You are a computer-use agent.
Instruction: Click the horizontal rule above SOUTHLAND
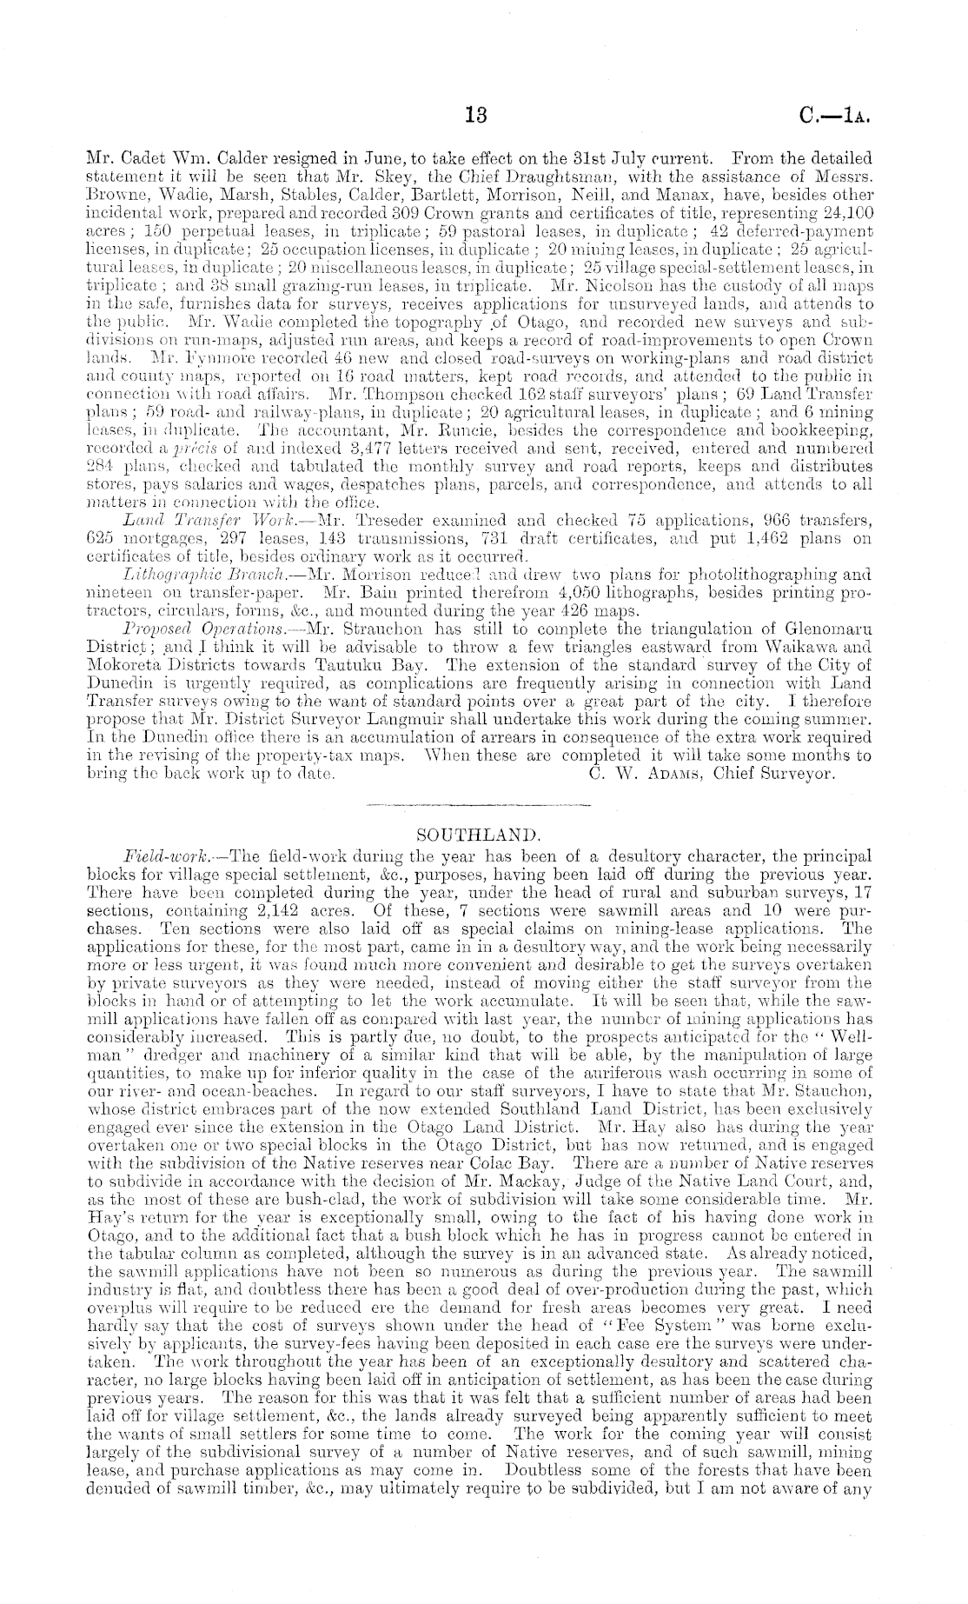[x=479, y=809]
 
